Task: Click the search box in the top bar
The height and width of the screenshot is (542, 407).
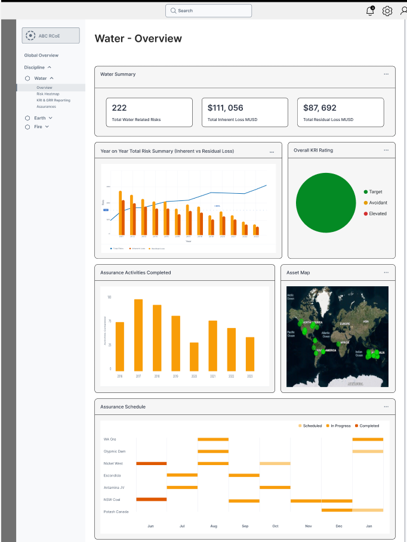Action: tap(208, 11)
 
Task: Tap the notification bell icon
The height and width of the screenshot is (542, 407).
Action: tap(370, 11)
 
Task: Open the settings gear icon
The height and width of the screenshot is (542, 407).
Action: tap(387, 11)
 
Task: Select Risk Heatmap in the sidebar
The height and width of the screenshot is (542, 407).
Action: tap(48, 94)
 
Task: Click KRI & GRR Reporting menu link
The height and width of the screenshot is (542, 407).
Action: tap(53, 100)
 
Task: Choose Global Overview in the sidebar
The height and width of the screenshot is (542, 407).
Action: tap(41, 55)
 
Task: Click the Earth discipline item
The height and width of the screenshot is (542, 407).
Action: tap(39, 118)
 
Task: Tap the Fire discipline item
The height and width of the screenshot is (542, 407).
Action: tap(38, 126)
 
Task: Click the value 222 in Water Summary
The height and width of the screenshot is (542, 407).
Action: tap(119, 108)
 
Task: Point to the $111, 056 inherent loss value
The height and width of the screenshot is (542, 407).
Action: tap(226, 108)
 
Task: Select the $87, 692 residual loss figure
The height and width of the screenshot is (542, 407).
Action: tap(320, 108)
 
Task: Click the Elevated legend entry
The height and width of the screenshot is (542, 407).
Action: tap(377, 213)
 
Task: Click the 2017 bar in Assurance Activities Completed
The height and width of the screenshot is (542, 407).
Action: tap(138, 335)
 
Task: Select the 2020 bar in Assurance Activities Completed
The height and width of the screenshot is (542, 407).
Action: tap(194, 357)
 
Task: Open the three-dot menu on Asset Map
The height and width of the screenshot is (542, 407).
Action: tap(386, 272)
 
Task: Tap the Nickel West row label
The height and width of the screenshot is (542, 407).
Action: tap(113, 463)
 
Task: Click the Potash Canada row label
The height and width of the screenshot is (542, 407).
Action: tap(116, 511)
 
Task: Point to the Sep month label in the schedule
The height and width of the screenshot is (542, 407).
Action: tap(245, 526)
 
